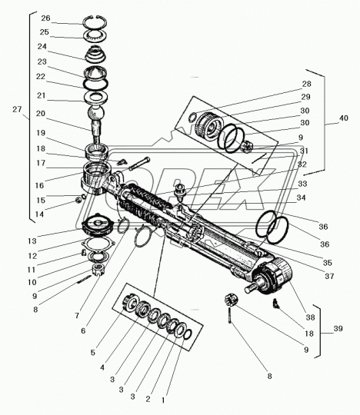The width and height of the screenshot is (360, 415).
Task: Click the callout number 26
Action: [x=45, y=18]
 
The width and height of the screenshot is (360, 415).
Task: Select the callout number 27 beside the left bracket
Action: [x=17, y=109]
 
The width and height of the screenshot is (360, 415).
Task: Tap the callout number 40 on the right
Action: [x=344, y=118]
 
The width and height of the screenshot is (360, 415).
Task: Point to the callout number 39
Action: [x=338, y=328]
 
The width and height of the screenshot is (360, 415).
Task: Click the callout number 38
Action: [x=310, y=317]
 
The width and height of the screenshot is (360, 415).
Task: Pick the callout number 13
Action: [x=32, y=241]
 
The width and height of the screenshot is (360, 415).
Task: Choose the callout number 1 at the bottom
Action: [x=163, y=400]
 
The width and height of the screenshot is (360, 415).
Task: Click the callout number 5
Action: [x=93, y=353]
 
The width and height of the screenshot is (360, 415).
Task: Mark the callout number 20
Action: [x=41, y=114]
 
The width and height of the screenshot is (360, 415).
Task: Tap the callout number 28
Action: [x=307, y=84]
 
